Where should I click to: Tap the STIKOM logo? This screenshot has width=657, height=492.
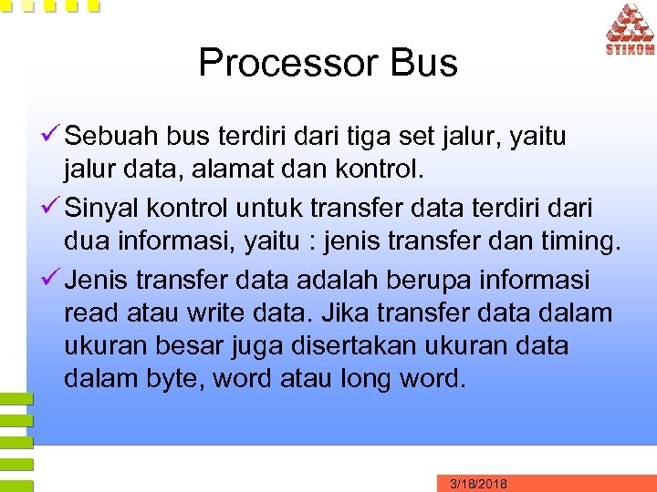pyautogui.click(x=629, y=30)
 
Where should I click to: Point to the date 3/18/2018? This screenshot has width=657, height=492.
pyautogui.click(x=479, y=484)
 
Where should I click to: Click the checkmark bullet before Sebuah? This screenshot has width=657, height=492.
pyautogui.click(x=51, y=138)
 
